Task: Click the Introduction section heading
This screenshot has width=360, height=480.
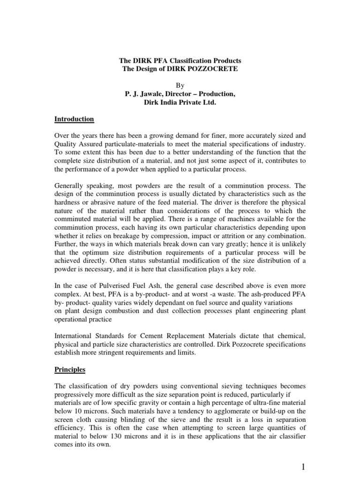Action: coord(74,120)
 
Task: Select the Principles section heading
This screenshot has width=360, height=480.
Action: coord(70,369)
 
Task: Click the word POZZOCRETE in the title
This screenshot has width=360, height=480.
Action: coord(214,70)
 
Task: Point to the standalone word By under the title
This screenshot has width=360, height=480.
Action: coord(180,86)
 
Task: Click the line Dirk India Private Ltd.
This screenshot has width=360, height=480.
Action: coord(180,103)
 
